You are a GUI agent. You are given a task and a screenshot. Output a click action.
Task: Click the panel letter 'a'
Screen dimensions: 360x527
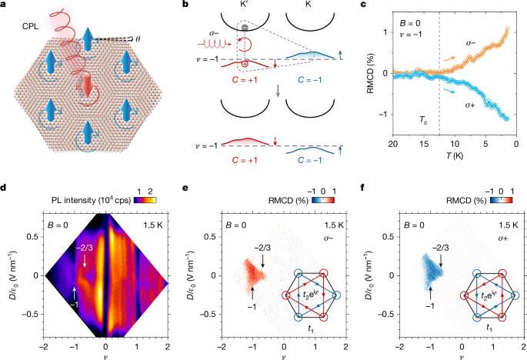click(x=5, y=5)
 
